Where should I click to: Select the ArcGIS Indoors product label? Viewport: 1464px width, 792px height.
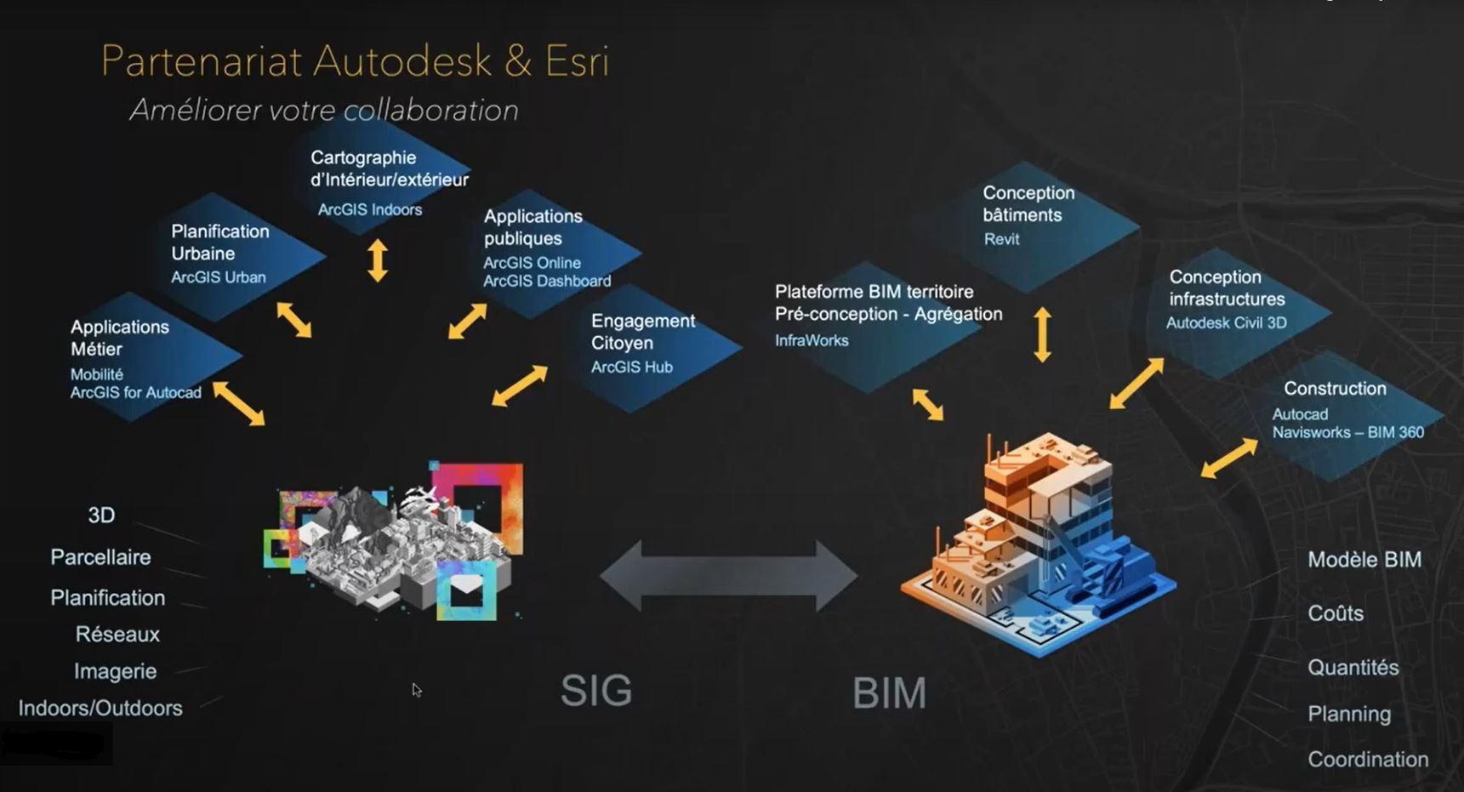[369, 210]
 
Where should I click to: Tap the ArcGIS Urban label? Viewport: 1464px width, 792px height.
[218, 277]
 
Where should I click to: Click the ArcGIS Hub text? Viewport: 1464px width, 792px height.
[631, 368]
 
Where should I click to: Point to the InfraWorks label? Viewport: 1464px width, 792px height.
[811, 341]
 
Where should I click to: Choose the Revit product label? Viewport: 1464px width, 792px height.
[1001, 240]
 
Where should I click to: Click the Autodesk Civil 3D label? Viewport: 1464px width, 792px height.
[1226, 323]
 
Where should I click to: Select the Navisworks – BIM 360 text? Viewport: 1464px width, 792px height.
[1347, 433]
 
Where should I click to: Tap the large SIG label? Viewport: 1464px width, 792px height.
[596, 691]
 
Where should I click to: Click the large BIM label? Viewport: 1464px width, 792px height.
[889, 693]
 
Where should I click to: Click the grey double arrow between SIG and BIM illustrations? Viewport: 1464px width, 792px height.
[728, 576]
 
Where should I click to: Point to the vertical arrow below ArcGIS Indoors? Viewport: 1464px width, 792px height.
[378, 260]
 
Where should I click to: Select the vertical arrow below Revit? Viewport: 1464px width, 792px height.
[1042, 334]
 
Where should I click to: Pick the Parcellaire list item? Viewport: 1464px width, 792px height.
[100, 557]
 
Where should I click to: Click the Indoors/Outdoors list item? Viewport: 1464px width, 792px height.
[100, 709]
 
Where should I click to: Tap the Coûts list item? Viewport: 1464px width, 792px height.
[1335, 613]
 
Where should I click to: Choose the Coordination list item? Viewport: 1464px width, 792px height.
[1367, 760]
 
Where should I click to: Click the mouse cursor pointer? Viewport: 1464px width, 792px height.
[416, 690]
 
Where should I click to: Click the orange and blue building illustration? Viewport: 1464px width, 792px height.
[1038, 544]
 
